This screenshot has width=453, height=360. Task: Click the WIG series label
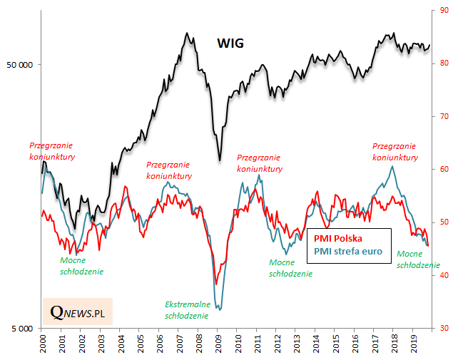[x=230, y=43]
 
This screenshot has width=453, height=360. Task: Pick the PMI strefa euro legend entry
[x=348, y=251]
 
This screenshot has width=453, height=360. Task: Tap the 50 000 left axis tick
[x=20, y=65]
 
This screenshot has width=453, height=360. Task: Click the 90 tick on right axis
[x=443, y=10]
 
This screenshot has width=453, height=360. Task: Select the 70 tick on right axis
[x=443, y=116]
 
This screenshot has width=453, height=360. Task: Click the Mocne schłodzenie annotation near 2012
[x=290, y=268]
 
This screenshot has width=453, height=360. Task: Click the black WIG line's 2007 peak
[x=187, y=33]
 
